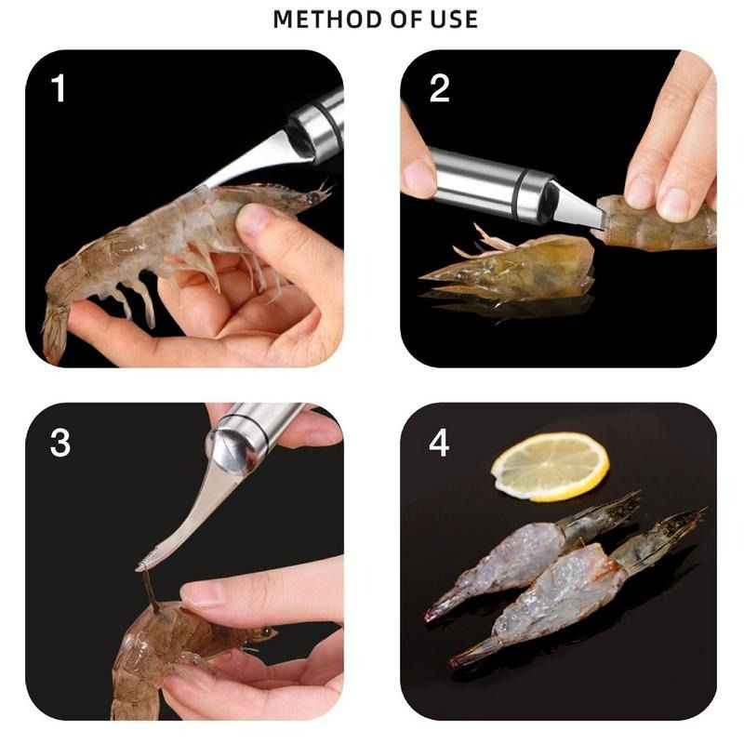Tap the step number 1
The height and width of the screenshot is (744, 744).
pyautogui.click(x=59, y=89)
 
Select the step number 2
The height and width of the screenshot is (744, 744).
pyautogui.click(x=440, y=89)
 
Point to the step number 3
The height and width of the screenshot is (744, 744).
pyautogui.click(x=60, y=443)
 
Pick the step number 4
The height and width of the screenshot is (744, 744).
pyautogui.click(x=439, y=443)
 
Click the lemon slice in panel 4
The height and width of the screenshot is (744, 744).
pyautogui.click(x=550, y=466)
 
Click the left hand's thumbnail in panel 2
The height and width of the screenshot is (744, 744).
pyautogui.click(x=419, y=176)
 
